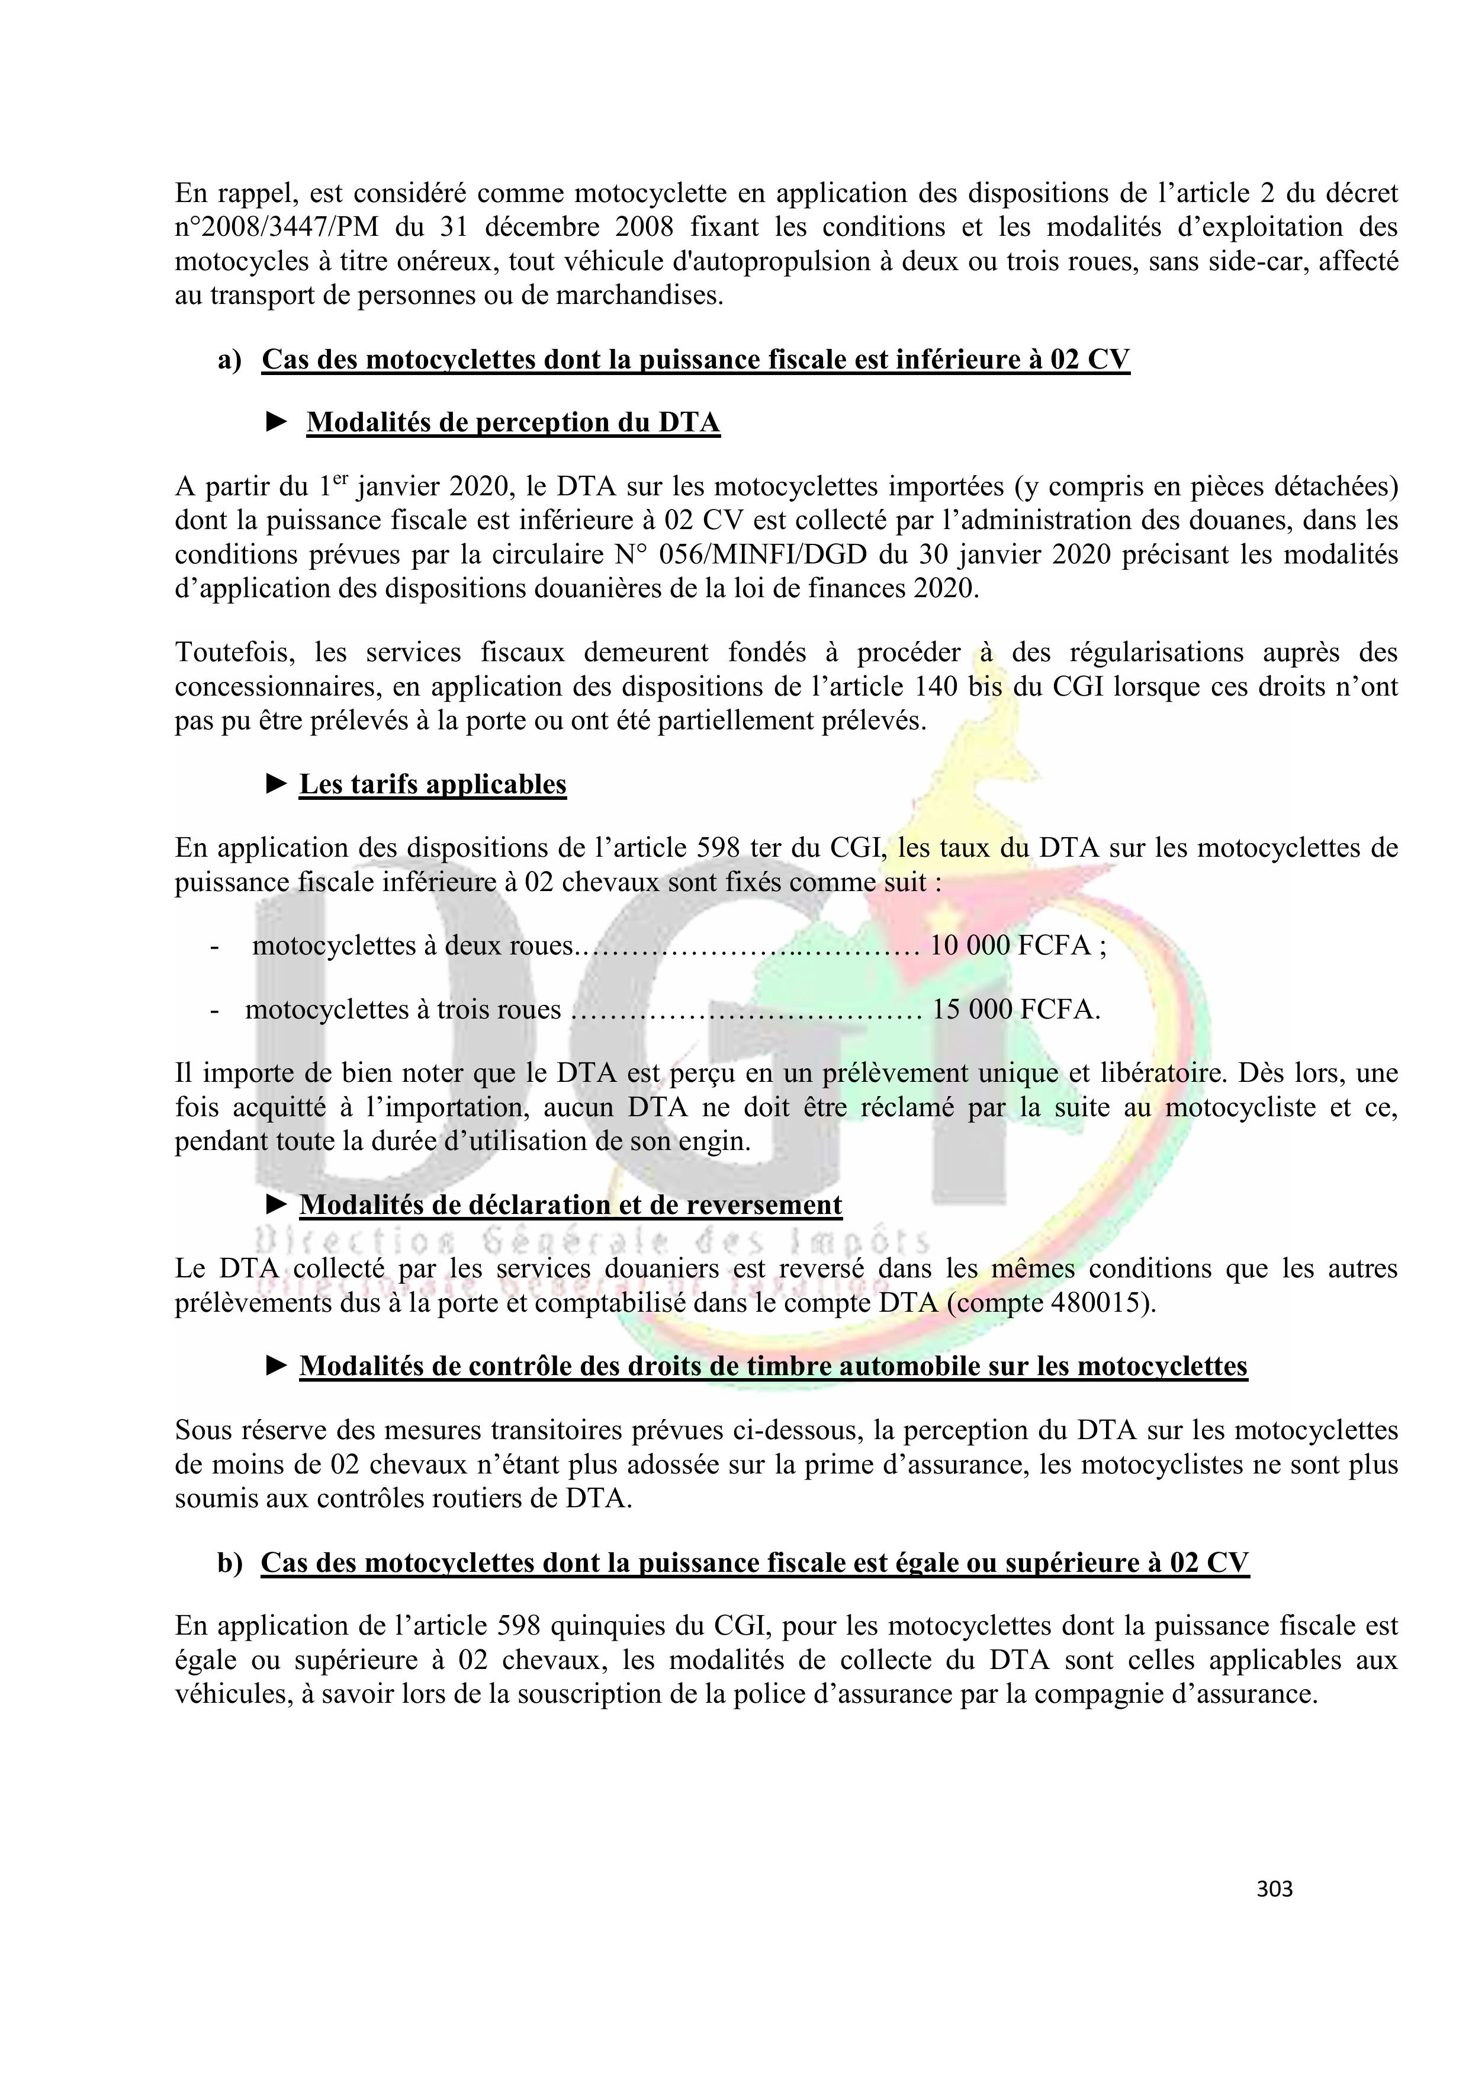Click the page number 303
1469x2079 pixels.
(1274, 1889)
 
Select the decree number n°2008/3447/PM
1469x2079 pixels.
(277, 228)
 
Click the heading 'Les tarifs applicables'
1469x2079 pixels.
(433, 784)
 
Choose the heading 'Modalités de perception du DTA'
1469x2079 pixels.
(513, 423)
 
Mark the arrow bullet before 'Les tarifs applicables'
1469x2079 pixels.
(277, 784)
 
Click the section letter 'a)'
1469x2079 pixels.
(230, 360)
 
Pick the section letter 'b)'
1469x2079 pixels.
(230, 1564)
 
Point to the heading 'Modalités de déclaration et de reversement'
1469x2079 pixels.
(570, 1205)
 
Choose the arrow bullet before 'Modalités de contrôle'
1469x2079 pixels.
(277, 1366)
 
